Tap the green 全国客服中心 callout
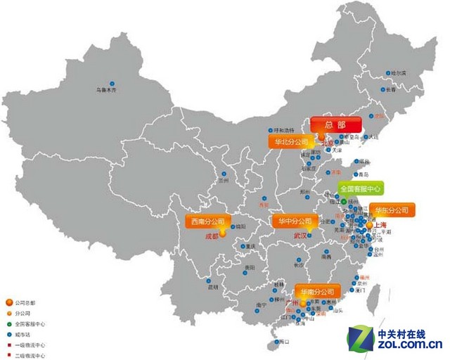361,188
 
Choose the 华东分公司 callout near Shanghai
392,210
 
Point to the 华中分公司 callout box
296,221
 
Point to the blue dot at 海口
274,342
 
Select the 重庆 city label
250,246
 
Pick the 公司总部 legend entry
24,302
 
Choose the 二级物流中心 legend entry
28,356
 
